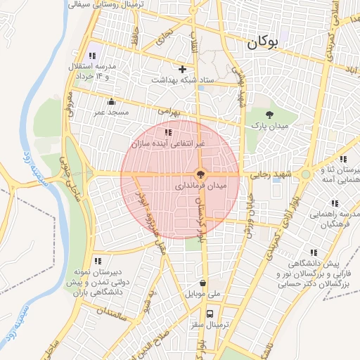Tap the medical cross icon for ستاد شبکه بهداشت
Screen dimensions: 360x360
(x=183, y=69)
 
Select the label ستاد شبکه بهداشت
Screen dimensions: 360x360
(x=184, y=81)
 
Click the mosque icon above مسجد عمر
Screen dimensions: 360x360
(x=110, y=101)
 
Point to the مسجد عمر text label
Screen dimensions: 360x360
(x=110, y=112)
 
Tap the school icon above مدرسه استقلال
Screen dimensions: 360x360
(x=91, y=56)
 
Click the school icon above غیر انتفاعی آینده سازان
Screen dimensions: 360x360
(x=167, y=132)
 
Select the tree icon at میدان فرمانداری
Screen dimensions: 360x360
(x=200, y=174)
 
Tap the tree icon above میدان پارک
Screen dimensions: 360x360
(x=269, y=114)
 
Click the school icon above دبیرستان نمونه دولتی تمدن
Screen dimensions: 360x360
(x=97, y=261)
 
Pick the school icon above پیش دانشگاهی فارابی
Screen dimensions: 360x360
(x=314, y=252)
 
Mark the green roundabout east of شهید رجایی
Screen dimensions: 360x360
(x=305, y=174)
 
